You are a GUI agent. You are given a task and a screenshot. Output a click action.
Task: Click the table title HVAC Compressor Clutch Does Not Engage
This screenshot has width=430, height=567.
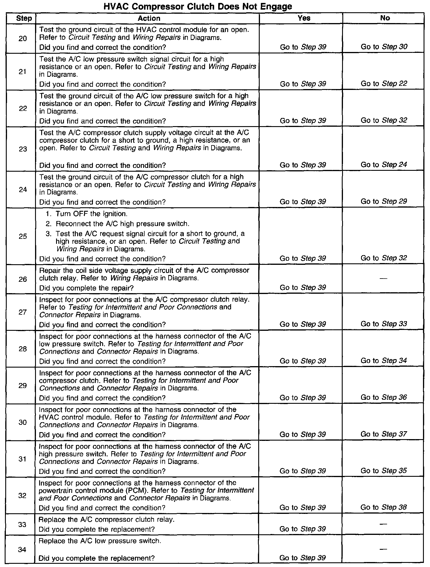coord(198,6)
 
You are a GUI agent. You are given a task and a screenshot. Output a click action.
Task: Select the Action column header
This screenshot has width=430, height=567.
coord(149,18)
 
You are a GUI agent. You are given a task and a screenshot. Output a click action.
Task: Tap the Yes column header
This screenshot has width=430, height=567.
coord(304,18)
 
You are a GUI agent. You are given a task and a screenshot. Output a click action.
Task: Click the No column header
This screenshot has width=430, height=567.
coord(385,18)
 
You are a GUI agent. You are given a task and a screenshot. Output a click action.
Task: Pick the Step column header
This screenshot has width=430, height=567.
coord(24,18)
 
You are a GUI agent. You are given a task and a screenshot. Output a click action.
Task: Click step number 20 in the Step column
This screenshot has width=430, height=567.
coord(22,39)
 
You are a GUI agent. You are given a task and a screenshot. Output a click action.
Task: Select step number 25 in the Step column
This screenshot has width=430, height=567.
coord(22,236)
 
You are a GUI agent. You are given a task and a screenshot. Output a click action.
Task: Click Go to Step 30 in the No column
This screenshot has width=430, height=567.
coord(384,47)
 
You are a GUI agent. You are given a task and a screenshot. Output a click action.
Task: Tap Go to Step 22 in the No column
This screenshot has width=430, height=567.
coord(384,84)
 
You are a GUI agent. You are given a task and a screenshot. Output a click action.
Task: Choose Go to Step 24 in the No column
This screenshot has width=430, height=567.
coord(384,165)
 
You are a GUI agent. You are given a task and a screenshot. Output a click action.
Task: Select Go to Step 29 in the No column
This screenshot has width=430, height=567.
coord(384,201)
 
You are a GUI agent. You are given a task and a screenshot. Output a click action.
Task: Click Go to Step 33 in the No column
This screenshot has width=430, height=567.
coord(384,324)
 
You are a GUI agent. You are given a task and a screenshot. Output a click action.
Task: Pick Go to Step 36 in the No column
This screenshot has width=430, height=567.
coord(384,397)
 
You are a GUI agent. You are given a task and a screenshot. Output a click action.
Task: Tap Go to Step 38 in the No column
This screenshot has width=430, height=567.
coord(384,507)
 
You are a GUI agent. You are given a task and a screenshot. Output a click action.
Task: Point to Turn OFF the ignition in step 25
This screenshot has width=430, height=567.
coord(91,214)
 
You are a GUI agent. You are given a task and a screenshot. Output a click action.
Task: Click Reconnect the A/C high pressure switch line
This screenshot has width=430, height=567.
coord(122,224)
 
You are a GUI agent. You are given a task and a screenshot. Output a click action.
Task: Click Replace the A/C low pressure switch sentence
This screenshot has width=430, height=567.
coord(100,541)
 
